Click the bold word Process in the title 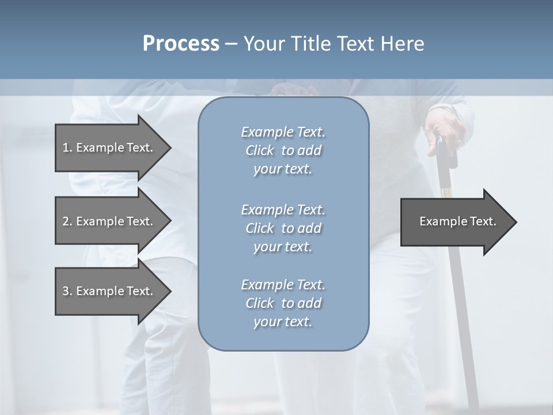[181, 44]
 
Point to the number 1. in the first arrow [67, 148]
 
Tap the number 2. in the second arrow [67, 221]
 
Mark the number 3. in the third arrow [67, 291]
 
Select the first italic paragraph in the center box [283, 150]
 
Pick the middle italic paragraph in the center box [283, 228]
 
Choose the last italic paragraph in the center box [283, 303]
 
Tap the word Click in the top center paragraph [260, 150]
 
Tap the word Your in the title [262, 44]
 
